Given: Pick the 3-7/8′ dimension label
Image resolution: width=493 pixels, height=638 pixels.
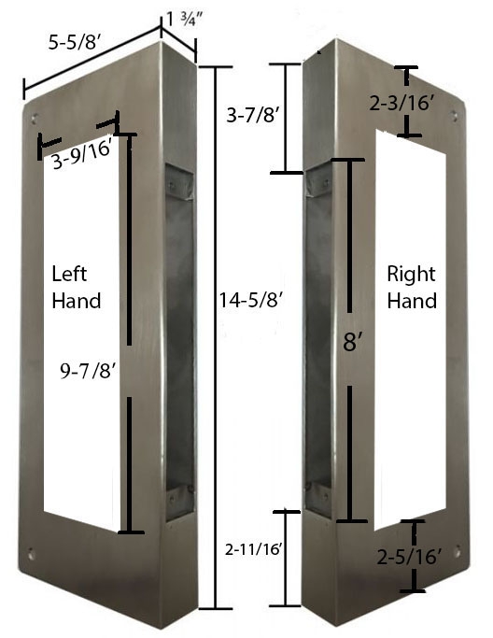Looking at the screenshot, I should [x=254, y=117].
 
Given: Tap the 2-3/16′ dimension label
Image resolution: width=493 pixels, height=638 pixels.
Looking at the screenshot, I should [x=403, y=104].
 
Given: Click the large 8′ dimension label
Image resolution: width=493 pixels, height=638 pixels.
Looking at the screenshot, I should [x=351, y=342].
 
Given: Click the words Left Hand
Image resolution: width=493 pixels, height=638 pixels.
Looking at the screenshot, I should [x=77, y=288].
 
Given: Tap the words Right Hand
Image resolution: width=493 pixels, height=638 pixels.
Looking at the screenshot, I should [x=412, y=288].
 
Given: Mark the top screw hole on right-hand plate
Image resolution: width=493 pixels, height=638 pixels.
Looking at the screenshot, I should [x=454, y=117].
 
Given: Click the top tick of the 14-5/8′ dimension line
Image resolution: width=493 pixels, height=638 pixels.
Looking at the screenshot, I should [x=216, y=67].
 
